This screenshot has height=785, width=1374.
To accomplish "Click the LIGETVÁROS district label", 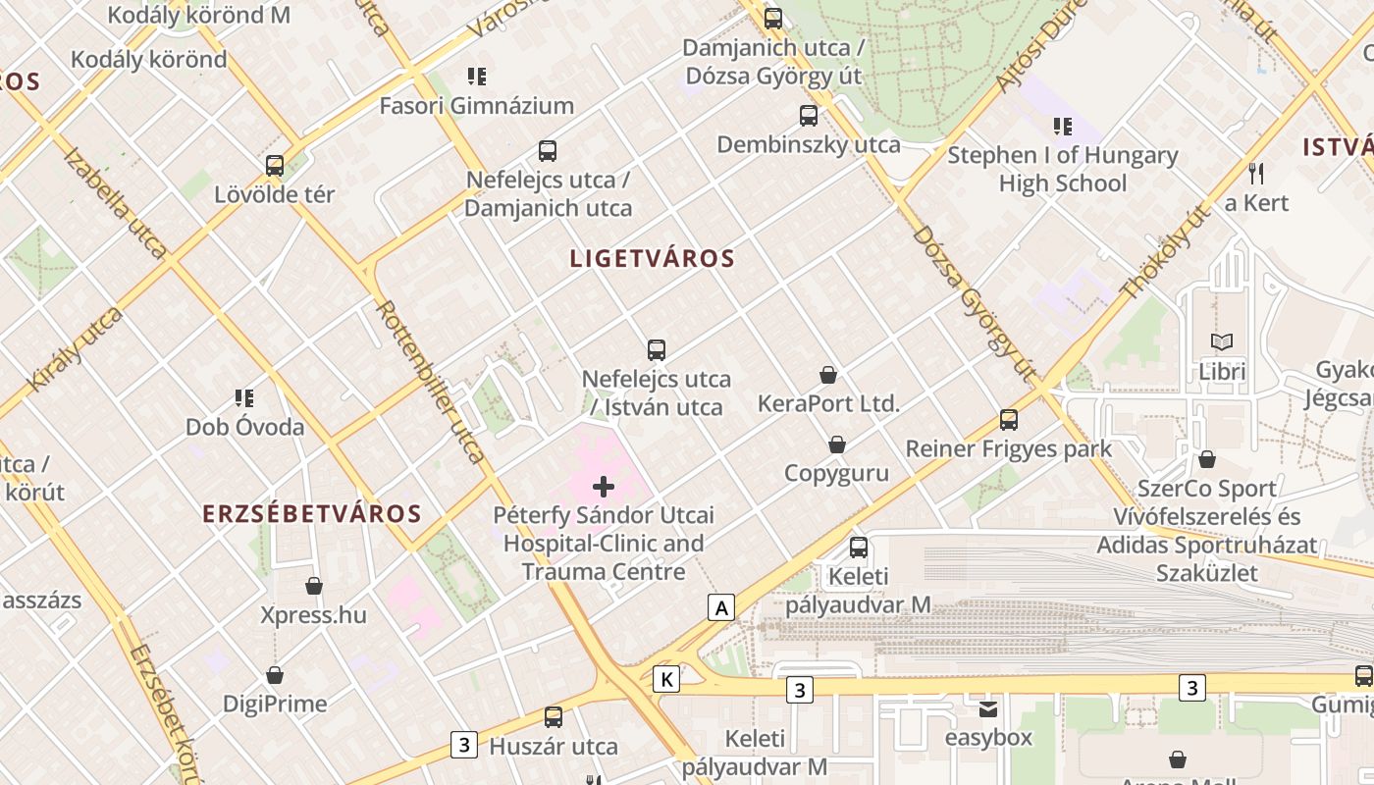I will point(652,259).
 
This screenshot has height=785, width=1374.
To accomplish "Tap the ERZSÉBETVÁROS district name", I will point(312,513).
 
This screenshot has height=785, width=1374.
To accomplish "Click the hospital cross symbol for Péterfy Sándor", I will point(604,486).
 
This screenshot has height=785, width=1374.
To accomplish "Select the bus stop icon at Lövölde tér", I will point(275,166).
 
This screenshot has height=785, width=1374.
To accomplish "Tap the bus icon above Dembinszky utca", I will point(809,116).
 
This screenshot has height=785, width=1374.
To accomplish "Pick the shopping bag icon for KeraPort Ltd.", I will point(828,375).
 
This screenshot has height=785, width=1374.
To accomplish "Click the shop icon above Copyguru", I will point(837,445).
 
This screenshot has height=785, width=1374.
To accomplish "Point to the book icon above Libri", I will point(1222,341).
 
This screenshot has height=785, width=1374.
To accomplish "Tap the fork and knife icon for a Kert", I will point(1256,174).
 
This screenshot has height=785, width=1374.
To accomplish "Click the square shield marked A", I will point(722,607).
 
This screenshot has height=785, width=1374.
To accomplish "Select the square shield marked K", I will point(666,678).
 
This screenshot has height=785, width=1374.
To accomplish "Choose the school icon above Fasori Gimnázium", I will point(477,77).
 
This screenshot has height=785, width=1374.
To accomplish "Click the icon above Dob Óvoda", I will point(244,397).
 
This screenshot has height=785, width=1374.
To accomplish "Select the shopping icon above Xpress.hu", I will point(314,586).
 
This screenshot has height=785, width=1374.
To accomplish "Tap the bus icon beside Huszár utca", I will point(554,717).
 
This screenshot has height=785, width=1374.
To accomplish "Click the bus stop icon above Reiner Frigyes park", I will point(1008,420).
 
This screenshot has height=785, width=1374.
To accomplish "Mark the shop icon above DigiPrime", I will point(275,675).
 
